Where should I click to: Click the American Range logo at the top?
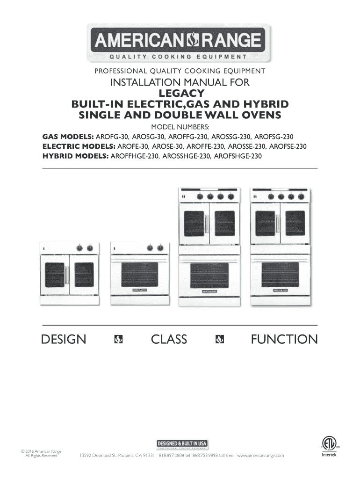pos(180,44)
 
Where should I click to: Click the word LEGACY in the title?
pos(180,94)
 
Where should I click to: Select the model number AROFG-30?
pos(112,137)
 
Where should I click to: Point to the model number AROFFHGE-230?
pos(134,156)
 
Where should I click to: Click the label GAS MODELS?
pos(68,137)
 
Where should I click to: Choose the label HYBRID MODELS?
pos(74,156)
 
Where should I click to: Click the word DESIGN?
pos(64,339)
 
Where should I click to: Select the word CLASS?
pos(169,339)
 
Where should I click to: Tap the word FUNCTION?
pos(284,339)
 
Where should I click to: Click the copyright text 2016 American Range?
pos(42,451)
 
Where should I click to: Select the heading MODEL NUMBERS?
pos(180,127)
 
